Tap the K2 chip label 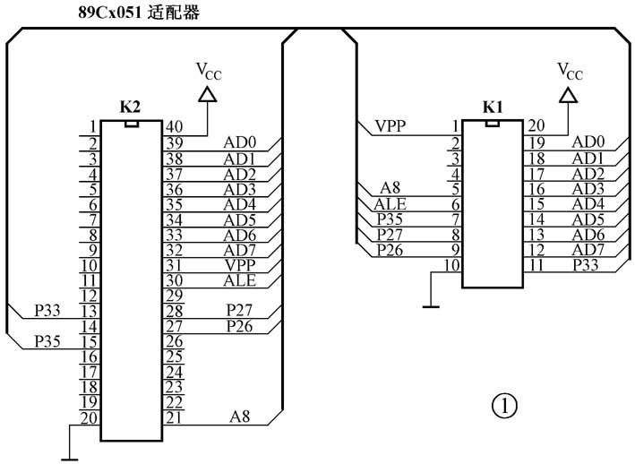coord(130,106)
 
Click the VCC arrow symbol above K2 coord(207,93)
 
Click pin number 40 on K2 coord(175,126)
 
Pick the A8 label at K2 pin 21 coord(239,416)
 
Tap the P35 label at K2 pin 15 coord(47,340)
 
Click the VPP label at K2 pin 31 coord(239,264)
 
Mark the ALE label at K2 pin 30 coord(239,279)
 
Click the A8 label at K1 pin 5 coord(390,187)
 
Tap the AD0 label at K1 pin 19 coord(588,142)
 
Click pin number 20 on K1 coord(536,126)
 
